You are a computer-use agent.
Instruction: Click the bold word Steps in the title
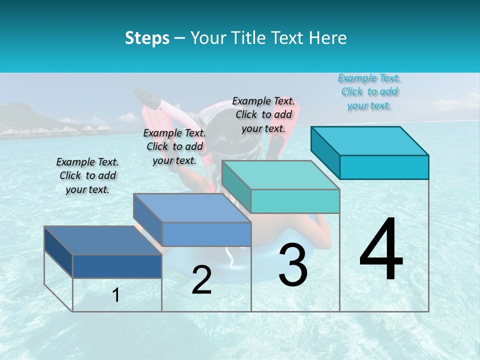click(x=147, y=38)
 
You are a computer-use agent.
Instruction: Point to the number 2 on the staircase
click(x=201, y=279)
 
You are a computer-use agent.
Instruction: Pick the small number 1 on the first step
click(x=116, y=295)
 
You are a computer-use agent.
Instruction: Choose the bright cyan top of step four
click(x=370, y=140)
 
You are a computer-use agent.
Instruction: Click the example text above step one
click(x=87, y=175)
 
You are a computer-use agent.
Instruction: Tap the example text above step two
click(x=174, y=146)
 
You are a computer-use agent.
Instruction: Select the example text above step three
click(x=263, y=114)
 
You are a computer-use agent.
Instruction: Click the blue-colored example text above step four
click(x=369, y=91)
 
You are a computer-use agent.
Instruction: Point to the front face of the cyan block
click(x=384, y=167)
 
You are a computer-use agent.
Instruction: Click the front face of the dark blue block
click(x=117, y=266)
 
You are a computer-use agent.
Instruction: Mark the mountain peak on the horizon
click(x=20, y=106)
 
